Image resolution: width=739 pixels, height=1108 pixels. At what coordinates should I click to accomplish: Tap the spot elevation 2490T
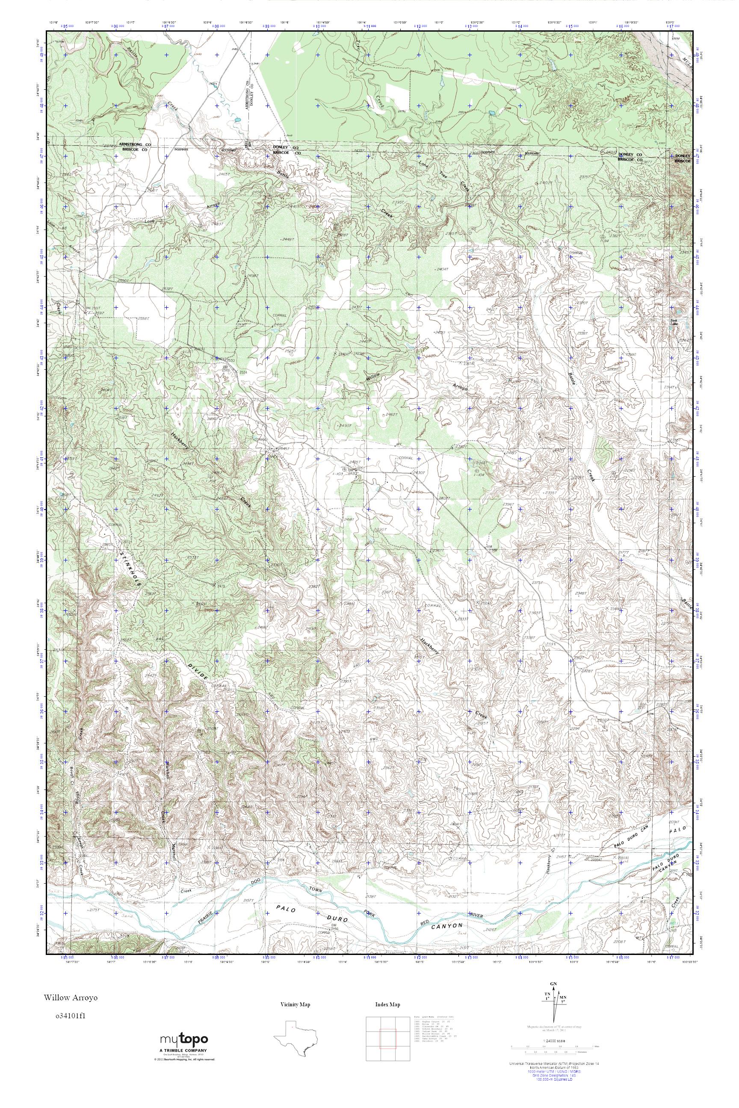(346, 425)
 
